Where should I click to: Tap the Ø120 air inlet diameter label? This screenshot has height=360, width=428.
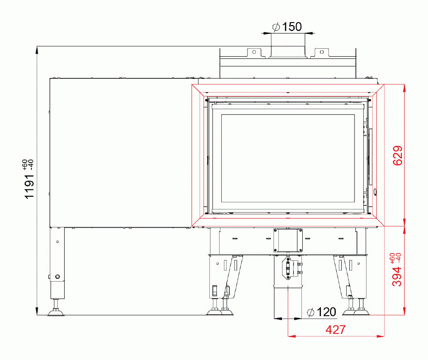coord(321,312)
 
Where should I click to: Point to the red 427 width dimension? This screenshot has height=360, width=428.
coord(335,329)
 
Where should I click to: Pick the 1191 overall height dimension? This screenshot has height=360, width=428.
coord(29,186)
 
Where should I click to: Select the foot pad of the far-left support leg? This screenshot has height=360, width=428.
coord(56,314)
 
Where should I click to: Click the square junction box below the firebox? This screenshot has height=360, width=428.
coord(288,240)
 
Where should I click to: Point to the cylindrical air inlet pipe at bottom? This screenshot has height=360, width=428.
coord(288,301)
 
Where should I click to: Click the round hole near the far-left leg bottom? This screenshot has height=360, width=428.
coord(57,277)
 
